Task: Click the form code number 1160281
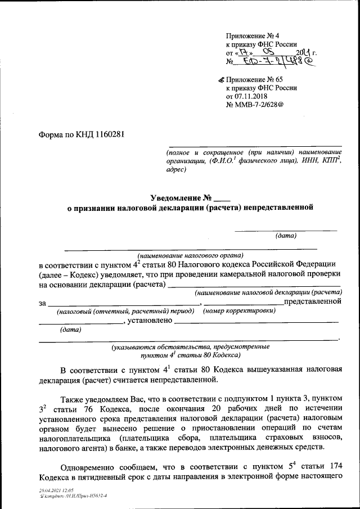[106, 135]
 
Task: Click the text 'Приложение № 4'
[250, 35]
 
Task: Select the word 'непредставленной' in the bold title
[276, 208]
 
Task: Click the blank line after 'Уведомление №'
[223, 198]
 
